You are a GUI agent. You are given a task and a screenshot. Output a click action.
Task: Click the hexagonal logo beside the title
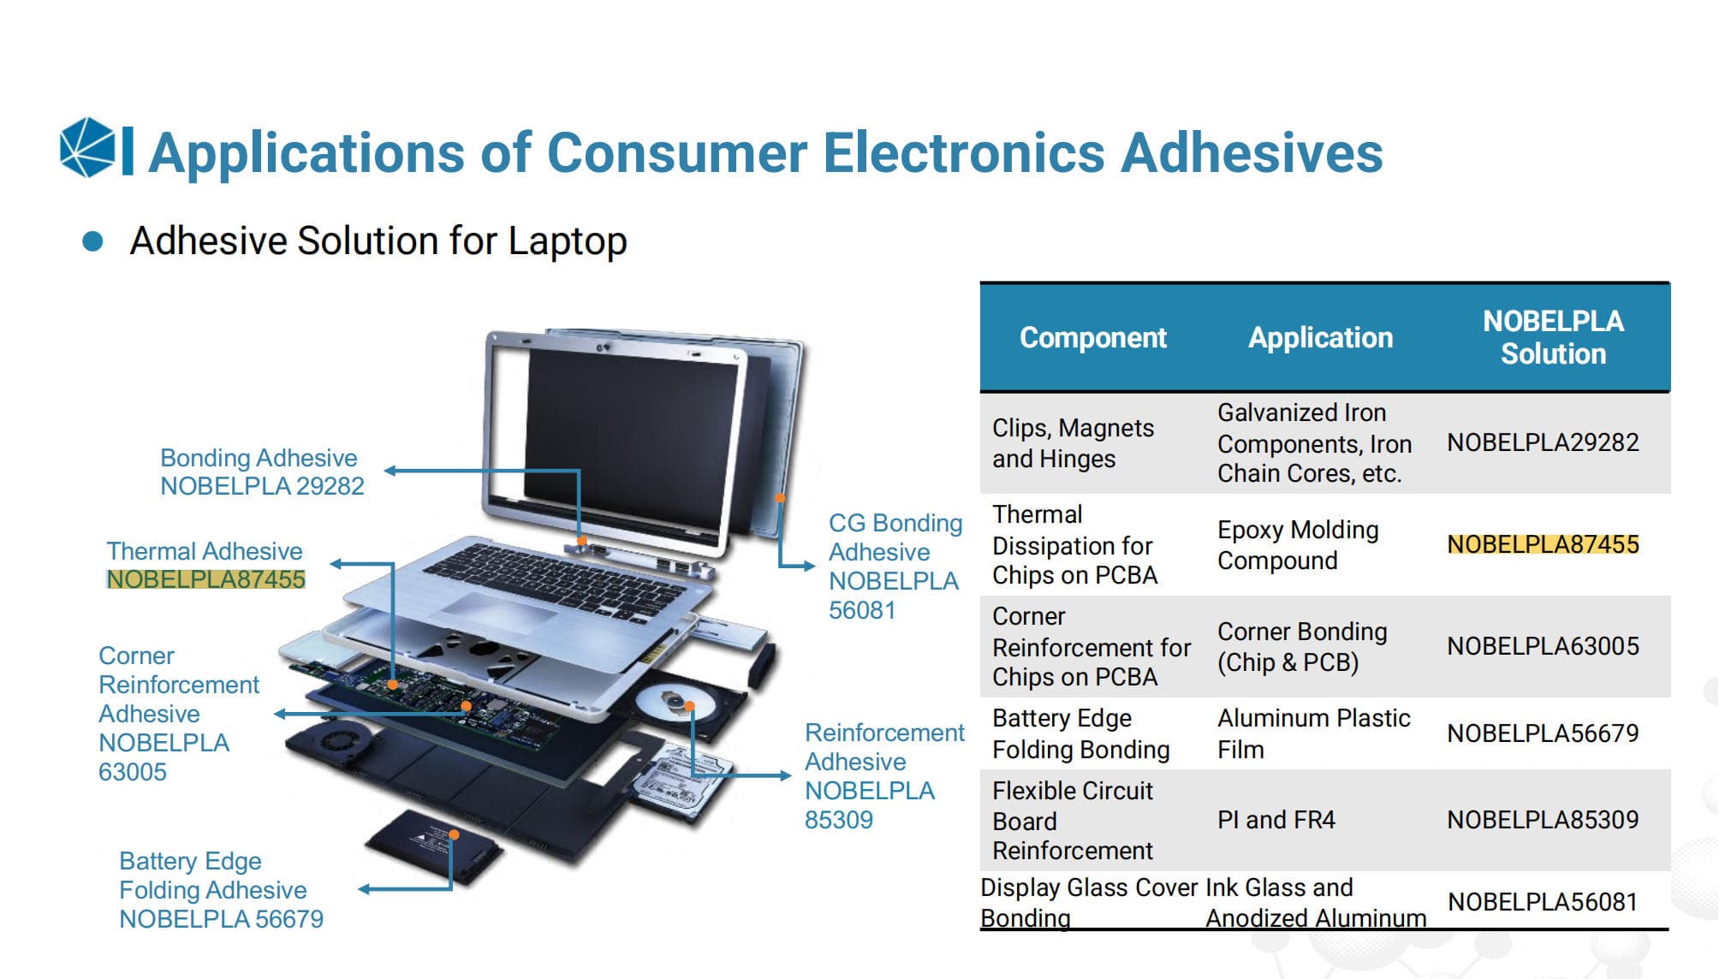tap(87, 148)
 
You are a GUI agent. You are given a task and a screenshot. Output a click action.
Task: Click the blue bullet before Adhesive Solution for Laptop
tap(92, 241)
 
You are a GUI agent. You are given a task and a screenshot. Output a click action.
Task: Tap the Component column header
tap(1092, 337)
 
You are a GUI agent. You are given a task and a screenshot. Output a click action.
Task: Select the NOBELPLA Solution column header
tap(1553, 337)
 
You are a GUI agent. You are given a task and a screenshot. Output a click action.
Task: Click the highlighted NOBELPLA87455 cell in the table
tap(1543, 544)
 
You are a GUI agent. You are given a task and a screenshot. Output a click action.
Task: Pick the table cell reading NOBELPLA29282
tap(1543, 442)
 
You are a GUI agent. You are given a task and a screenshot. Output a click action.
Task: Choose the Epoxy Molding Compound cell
tap(1298, 545)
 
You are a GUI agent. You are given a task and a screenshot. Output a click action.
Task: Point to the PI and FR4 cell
tap(1276, 820)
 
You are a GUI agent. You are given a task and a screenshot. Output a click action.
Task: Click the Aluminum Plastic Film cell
tap(1313, 733)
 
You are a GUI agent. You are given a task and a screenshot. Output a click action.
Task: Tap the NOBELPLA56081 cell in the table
tap(1543, 902)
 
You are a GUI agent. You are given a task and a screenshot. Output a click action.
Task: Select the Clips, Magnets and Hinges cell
tap(1073, 443)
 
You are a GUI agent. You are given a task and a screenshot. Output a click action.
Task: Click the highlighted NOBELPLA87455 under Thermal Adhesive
tap(205, 579)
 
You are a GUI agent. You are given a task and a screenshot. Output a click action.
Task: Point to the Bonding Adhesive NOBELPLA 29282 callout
tap(262, 472)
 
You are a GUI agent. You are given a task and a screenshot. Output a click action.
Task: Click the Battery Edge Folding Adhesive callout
tap(221, 890)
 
